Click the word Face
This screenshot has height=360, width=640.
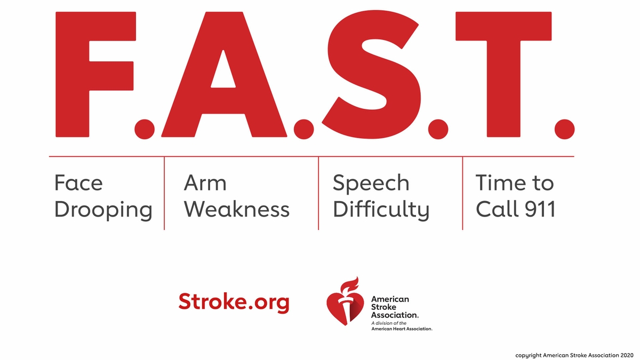pyautogui.click(x=78, y=183)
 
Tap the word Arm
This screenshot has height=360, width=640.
pyautogui.click(x=205, y=183)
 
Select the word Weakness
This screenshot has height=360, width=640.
pyautogui.click(x=237, y=209)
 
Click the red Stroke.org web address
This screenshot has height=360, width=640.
pyautogui.click(x=234, y=302)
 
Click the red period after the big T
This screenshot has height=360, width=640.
pyautogui.click(x=564, y=129)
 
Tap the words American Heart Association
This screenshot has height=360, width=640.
pyautogui.click(x=401, y=329)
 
